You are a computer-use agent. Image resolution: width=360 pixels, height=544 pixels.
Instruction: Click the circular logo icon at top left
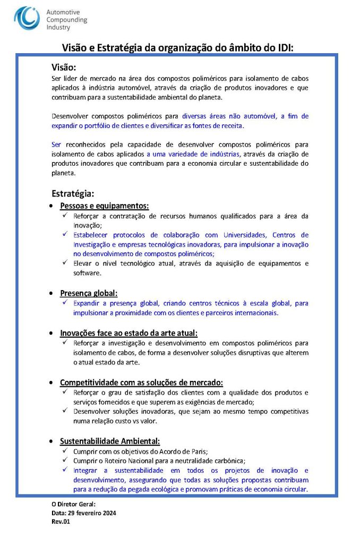pos(27,18)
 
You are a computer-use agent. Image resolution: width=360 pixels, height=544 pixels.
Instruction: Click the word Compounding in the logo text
pos(67,20)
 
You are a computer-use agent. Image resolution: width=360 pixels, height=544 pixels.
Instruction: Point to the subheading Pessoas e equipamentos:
pos(104,206)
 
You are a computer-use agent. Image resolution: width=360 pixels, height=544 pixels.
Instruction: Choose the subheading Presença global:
pos(89,293)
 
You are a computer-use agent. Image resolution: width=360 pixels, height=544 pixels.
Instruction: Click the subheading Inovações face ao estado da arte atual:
pos(128,333)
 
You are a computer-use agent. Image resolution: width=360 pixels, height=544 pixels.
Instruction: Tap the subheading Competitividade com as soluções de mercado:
pos(141,382)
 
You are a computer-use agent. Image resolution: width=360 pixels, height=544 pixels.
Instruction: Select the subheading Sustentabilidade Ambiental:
pos(110,441)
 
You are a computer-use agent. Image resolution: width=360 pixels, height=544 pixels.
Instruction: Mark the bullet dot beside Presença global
pos(50,293)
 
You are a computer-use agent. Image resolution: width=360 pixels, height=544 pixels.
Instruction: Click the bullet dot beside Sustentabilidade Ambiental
pos(50,441)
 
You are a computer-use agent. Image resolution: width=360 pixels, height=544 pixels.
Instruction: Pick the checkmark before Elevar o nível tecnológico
pos(65,263)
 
